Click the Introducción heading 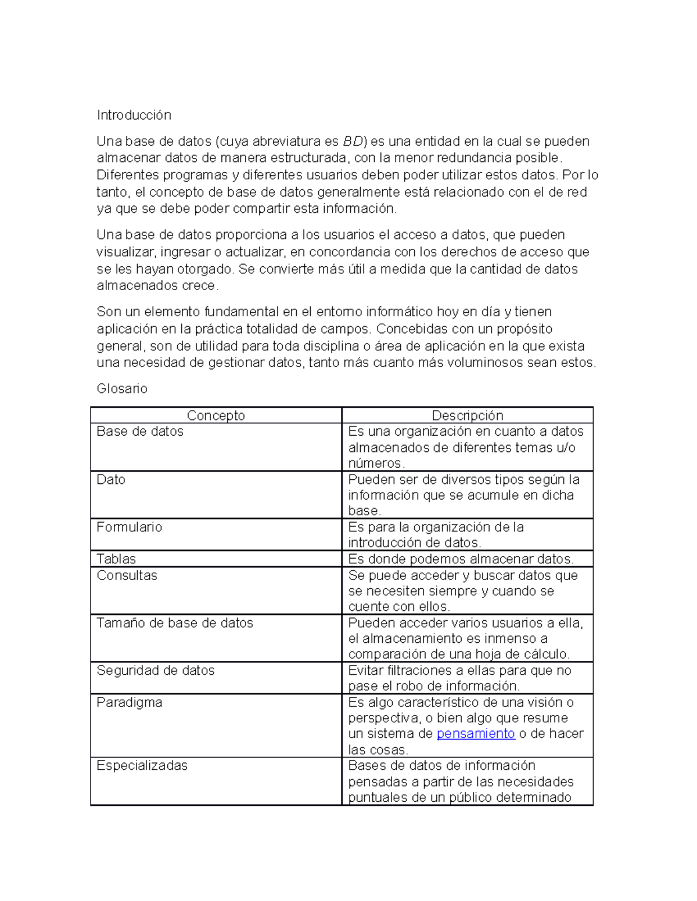click(134, 115)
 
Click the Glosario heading click(121, 388)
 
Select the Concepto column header click(215, 415)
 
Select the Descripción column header click(467, 415)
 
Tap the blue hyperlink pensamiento click(475, 733)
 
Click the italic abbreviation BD click(353, 141)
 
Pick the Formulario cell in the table click(129, 527)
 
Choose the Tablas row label click(116, 559)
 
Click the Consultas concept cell click(127, 575)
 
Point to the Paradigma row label click(129, 702)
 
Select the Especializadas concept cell click(142, 765)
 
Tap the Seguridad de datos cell click(155, 670)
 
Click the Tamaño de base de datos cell click(174, 623)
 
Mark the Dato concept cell click(111, 479)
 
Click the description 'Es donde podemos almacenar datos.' click(461, 559)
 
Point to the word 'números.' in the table click(376, 463)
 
